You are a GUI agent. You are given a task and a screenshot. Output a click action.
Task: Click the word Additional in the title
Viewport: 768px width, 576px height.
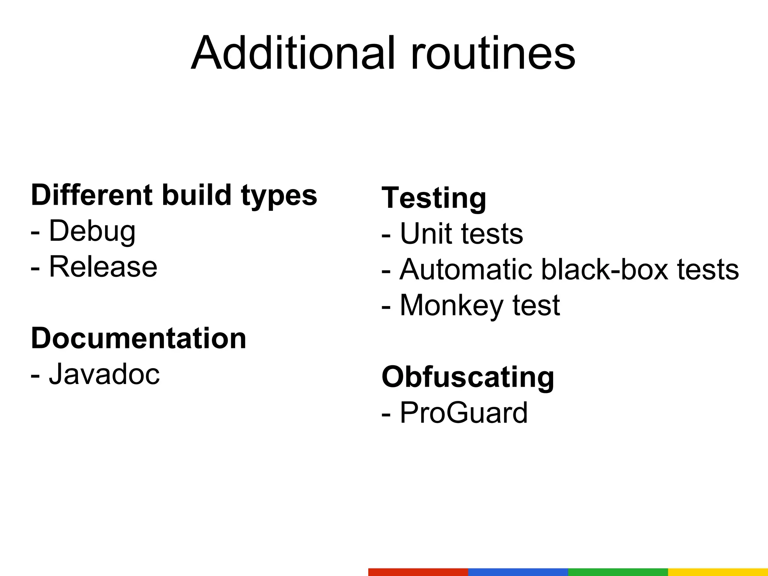coord(292,53)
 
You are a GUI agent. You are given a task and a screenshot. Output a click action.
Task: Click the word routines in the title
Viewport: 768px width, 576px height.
coord(493,53)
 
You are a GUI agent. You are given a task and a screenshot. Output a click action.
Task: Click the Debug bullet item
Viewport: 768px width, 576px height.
coord(92,231)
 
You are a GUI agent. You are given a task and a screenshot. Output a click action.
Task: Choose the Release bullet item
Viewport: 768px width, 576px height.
coord(103,267)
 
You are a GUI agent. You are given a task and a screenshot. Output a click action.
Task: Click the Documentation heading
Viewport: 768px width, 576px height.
coord(138,338)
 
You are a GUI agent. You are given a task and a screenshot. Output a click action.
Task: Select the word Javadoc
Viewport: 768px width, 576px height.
coord(104,374)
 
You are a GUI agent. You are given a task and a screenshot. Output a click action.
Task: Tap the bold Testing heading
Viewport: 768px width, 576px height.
coord(434,198)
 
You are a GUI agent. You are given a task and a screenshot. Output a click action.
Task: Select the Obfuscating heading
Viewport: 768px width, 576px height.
coord(468,377)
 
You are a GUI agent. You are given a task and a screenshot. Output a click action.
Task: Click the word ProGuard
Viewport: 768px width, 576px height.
coord(463,412)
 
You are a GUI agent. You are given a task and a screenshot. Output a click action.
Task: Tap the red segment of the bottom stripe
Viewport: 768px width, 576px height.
coord(418,572)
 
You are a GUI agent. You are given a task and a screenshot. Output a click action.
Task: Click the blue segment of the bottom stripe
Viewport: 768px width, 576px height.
coord(518,572)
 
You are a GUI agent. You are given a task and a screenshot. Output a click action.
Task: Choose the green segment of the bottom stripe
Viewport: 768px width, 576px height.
coord(618,572)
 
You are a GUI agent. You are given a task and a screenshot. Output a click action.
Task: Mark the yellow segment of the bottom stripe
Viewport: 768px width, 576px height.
coord(718,572)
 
